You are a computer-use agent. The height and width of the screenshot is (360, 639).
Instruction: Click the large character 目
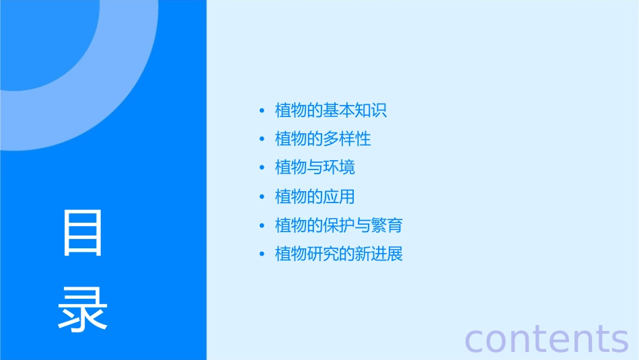(83, 233)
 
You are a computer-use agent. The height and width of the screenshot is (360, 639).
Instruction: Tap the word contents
(546, 338)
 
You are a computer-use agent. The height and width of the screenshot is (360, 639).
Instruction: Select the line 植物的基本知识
(331, 110)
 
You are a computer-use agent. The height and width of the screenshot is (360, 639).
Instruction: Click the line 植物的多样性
(323, 139)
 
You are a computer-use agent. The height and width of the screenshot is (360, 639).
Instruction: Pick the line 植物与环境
(315, 168)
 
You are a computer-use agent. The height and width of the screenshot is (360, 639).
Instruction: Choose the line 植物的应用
(315, 196)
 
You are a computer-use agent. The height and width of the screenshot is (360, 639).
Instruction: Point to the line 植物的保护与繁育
(339, 225)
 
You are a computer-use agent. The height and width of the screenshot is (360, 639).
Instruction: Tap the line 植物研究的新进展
(339, 254)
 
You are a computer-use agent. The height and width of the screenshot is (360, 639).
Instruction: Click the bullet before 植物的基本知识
(262, 111)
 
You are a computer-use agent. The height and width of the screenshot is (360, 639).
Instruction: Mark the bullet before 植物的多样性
(262, 139)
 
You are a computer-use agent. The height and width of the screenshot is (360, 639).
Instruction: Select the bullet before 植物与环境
(262, 168)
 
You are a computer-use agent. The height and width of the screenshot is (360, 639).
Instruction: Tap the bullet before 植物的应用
(262, 197)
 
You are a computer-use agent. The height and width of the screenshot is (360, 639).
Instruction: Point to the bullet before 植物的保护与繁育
(262, 225)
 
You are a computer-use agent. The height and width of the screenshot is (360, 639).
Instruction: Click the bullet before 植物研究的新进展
(262, 254)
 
